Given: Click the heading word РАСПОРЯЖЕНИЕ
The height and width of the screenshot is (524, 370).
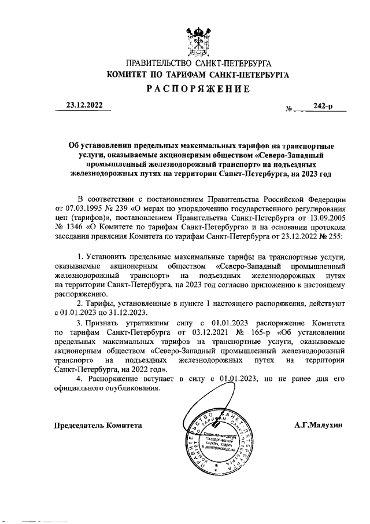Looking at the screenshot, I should coord(197,89).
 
